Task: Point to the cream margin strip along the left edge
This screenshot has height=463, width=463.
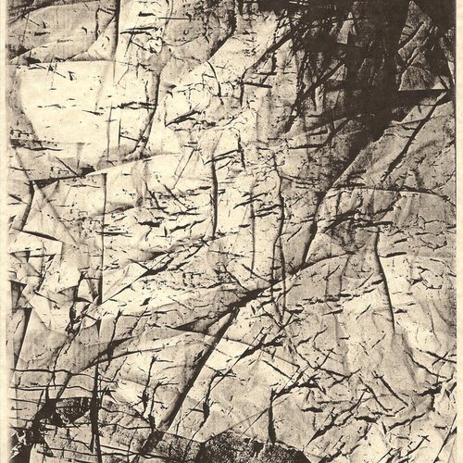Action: pyautogui.click(x=4, y=231)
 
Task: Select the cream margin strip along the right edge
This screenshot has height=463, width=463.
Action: pyautogui.click(x=457, y=231)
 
